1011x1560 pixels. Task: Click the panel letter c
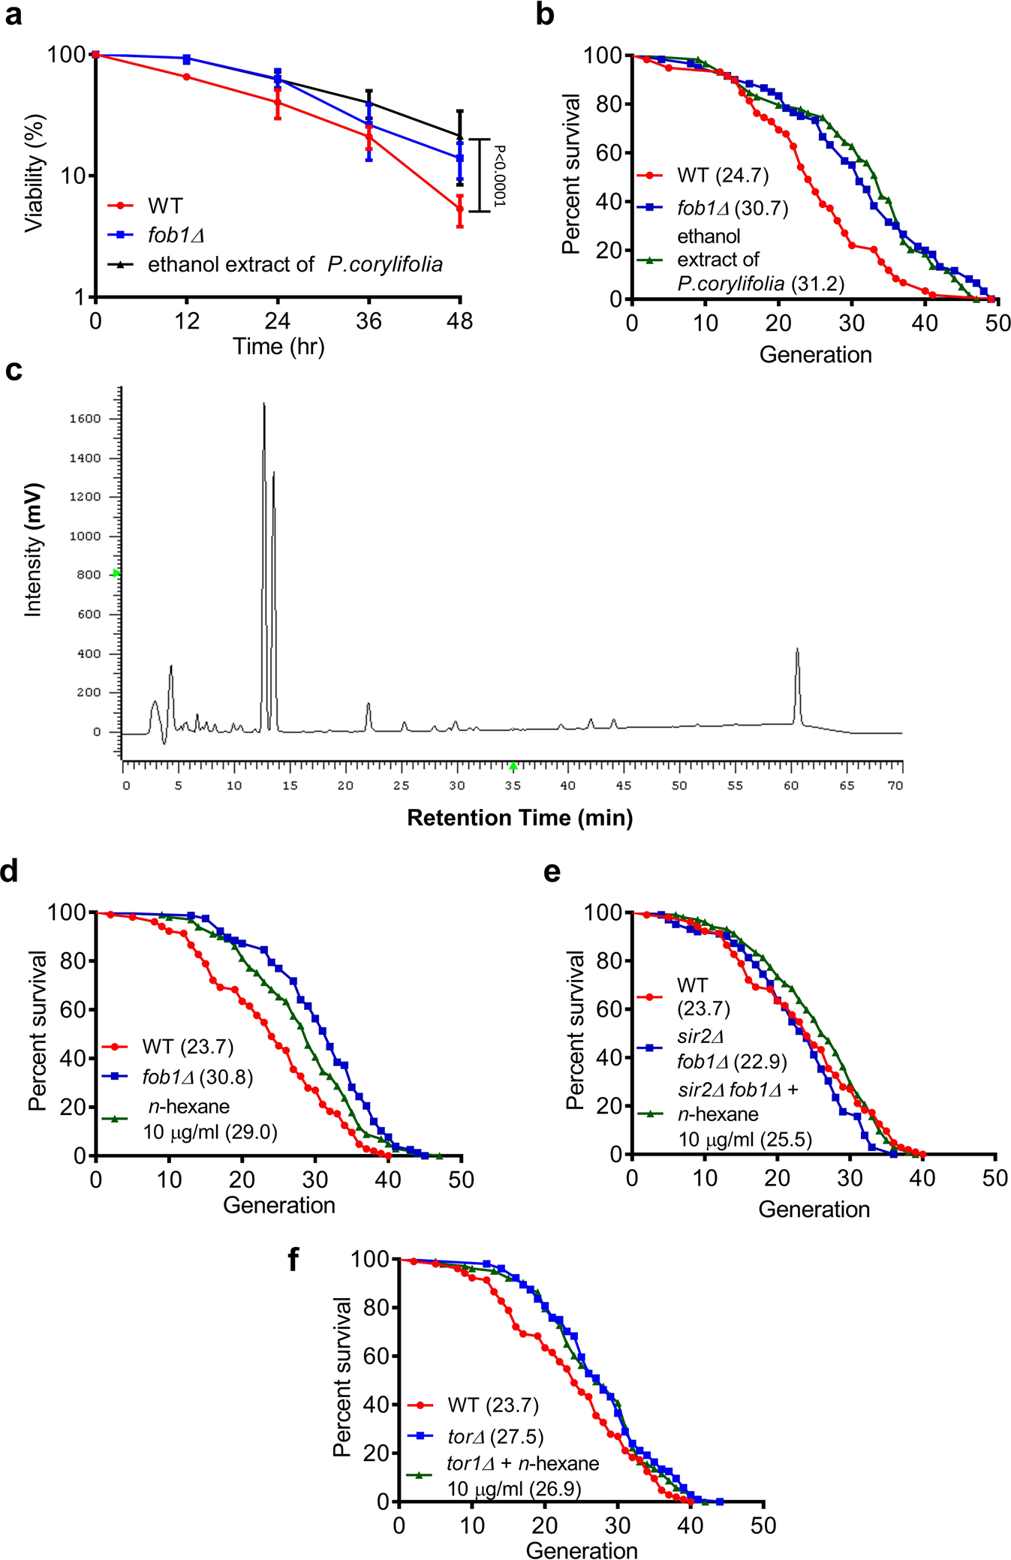coord(14,371)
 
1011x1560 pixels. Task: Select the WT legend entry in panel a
coord(164,206)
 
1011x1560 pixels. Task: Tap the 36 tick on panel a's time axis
coord(369,322)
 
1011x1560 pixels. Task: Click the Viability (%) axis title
coord(35,173)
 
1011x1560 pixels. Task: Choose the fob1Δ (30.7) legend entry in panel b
coord(732,208)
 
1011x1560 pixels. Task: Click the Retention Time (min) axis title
coord(519,817)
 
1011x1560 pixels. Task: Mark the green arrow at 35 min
coord(513,766)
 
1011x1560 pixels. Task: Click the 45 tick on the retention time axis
coord(623,786)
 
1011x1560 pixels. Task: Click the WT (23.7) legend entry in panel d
coord(187,1046)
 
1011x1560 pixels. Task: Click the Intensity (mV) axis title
coord(33,550)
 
